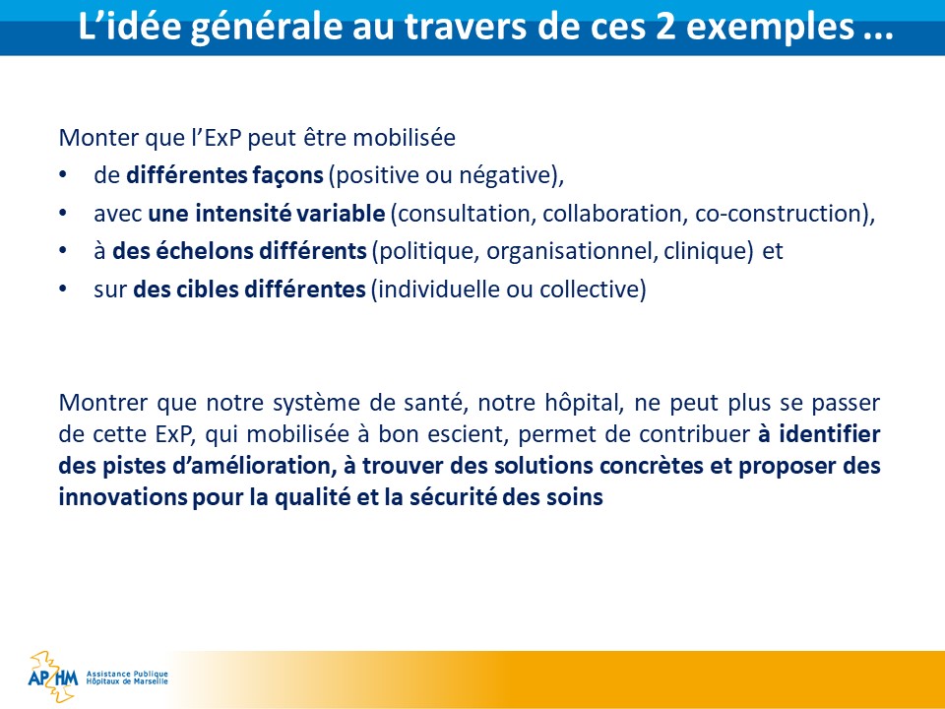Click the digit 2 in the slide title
pyautogui.click(x=666, y=27)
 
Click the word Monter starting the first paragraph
pyautogui.click(x=98, y=138)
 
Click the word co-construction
pyautogui.click(x=781, y=214)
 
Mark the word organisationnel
pyautogui.click(x=571, y=252)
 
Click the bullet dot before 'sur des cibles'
pyautogui.click(x=63, y=290)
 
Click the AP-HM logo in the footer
pyautogui.click(x=53, y=677)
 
